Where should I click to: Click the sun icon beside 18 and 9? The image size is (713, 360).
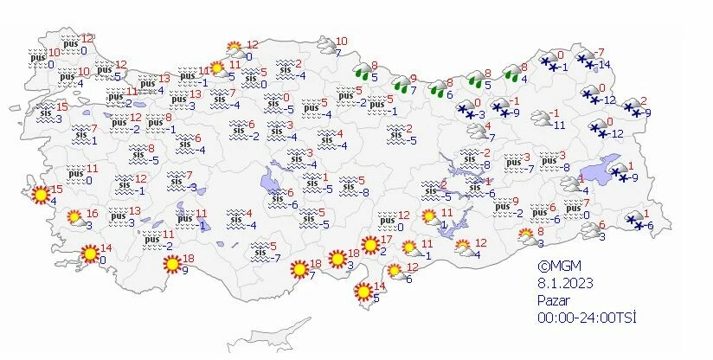pos(173,263)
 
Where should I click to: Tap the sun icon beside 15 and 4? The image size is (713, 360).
pos(40,196)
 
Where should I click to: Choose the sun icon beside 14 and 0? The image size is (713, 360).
pos(89,254)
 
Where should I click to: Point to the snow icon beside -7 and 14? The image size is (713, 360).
pos(587,60)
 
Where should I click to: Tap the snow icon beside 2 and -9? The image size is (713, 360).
pos(634,106)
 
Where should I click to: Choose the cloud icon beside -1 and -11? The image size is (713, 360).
pos(542,119)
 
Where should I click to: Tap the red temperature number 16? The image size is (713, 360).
pos(93,214)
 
